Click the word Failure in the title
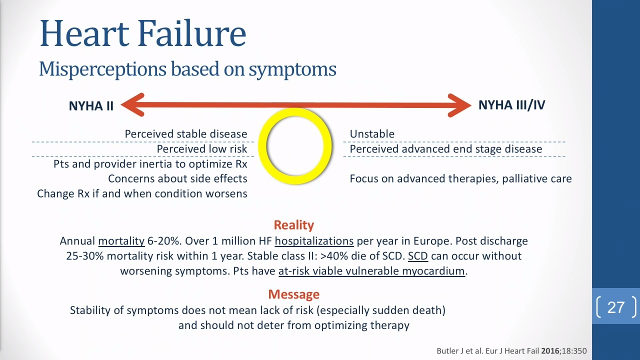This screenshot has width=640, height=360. pos(192,33)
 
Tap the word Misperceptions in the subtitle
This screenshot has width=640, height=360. pos(102,69)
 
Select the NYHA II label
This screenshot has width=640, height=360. pos(91,106)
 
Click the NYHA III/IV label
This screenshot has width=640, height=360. pos(511,105)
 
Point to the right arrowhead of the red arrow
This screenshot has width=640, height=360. pos(459,105)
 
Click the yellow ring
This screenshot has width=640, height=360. pos(295,111)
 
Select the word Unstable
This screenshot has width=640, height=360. pos(372,134)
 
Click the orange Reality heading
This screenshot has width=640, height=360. pos(293,225)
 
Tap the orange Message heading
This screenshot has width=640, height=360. pos(293,294)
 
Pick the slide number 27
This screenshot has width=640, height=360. pos(616,307)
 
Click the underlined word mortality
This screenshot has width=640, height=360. pos(121,241)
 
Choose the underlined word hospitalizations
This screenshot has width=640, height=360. pos(314,241)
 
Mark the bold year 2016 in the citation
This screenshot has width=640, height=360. pos(550,351)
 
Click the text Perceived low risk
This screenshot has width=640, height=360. pos(202,149)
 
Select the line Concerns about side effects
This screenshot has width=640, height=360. pos(177,179)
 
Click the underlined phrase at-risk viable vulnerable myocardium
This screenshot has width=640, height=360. pos(371,271)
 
